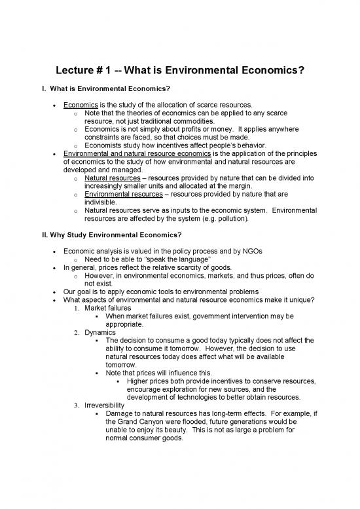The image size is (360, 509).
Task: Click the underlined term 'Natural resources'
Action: (x=112, y=178)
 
